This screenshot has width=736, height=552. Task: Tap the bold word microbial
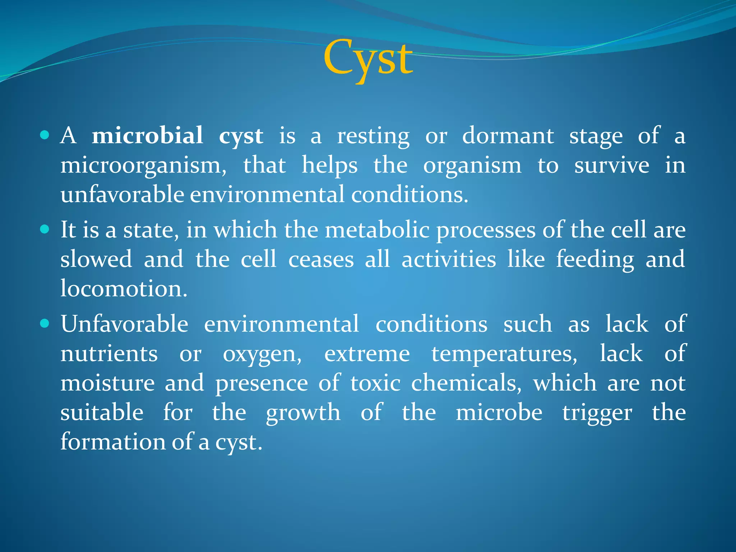pos(147,136)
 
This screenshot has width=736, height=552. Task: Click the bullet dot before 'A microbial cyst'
pos(45,135)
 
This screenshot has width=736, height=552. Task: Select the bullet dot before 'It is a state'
pos(45,230)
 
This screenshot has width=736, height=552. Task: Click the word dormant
pos(508,136)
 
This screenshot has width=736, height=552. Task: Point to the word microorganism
pos(143,166)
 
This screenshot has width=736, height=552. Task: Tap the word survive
pos(612,165)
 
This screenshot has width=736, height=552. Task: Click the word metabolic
pos(377,230)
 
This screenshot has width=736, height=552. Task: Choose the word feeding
pos(595,259)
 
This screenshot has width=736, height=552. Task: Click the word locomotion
pos(123,289)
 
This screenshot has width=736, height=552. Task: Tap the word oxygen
pos(262,354)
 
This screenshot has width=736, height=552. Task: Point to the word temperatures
pos(504,354)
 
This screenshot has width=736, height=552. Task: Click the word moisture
pos(107,383)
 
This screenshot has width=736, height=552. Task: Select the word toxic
pos(375,383)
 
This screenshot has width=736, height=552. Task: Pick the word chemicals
pos(466,383)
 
